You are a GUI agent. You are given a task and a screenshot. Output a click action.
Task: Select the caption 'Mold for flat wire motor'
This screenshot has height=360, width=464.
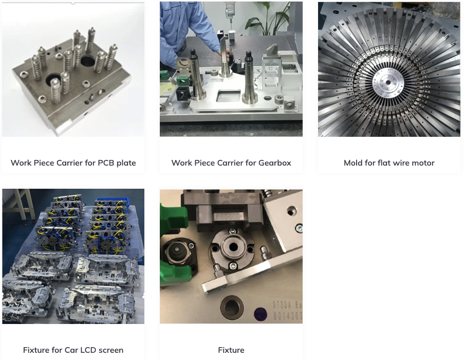click(x=389, y=163)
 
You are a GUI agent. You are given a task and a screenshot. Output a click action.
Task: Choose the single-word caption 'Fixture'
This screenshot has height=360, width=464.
click(x=231, y=350)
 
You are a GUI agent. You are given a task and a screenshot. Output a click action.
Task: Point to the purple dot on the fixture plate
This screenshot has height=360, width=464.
click(x=261, y=313)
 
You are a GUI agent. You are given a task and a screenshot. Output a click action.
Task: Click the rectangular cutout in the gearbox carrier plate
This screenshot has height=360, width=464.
click(x=229, y=96)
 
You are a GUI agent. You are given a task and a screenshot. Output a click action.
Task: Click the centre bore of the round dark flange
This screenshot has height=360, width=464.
click(x=234, y=247)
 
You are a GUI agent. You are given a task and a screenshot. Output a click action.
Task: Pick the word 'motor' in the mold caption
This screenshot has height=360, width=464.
click(x=423, y=163)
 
